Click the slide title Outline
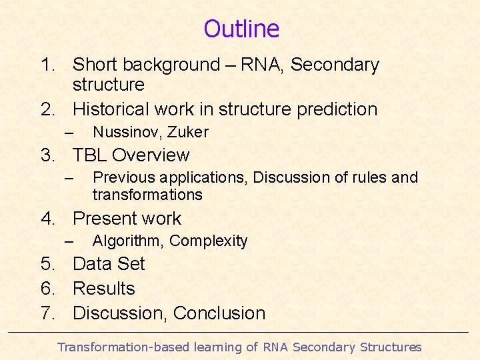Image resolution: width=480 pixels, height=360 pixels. (x=241, y=29)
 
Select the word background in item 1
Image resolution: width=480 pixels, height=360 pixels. (x=159, y=65)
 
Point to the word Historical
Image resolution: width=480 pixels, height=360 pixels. (x=112, y=109)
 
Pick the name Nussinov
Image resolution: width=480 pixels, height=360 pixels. (x=121, y=132)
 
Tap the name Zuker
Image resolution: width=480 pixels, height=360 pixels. (x=189, y=132)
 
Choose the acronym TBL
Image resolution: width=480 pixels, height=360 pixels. (x=90, y=155)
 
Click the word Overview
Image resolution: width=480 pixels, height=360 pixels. (x=151, y=155)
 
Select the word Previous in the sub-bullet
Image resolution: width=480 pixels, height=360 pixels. (x=121, y=177)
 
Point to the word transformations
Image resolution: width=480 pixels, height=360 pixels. (x=147, y=195)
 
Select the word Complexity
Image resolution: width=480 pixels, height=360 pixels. (x=208, y=241)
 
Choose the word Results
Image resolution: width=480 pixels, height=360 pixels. (x=104, y=289)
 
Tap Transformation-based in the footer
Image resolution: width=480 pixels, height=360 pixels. (x=123, y=347)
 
